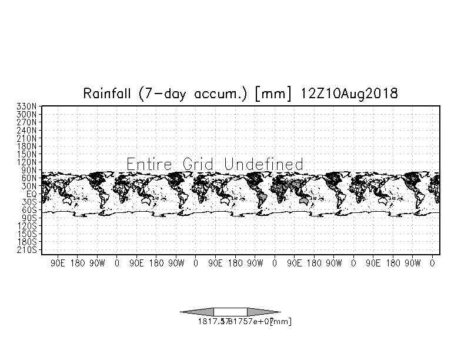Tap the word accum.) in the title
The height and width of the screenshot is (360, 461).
224,93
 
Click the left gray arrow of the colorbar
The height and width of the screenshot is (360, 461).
196,312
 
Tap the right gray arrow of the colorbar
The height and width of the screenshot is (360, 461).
263,312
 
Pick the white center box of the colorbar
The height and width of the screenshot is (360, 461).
230,312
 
